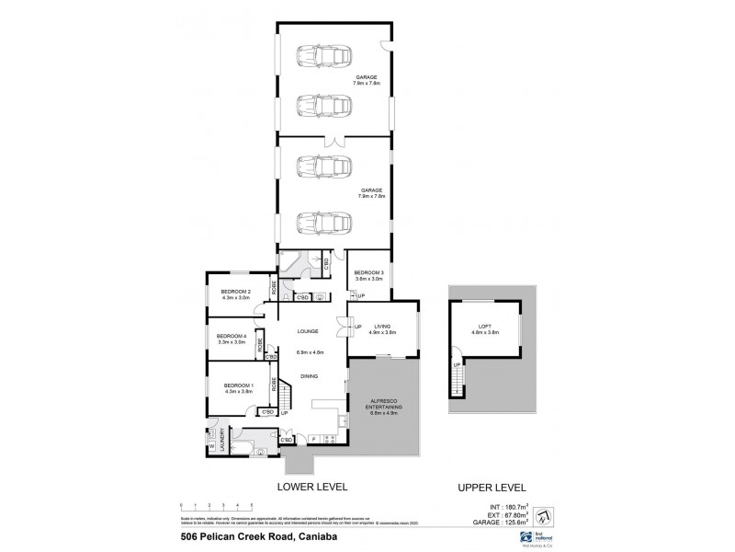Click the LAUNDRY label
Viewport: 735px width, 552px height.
(221, 443)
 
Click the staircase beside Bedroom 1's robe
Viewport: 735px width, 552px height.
(285, 397)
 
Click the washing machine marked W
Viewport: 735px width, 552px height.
(212, 448)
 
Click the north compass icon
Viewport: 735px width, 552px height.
(543, 512)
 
